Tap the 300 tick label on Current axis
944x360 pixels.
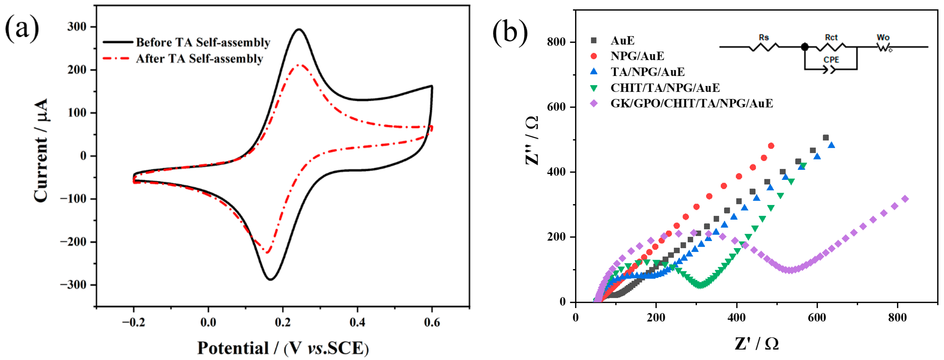click(x=77, y=27)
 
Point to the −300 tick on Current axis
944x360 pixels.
click(x=73, y=285)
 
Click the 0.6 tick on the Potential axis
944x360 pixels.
click(x=432, y=323)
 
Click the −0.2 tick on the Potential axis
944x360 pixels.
click(x=133, y=323)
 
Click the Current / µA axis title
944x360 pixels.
click(x=41, y=150)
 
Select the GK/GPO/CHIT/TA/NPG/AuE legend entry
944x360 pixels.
click(x=691, y=104)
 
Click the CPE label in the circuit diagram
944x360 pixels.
click(x=831, y=60)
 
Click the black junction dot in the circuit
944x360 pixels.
click(x=805, y=47)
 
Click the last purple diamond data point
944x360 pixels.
click(x=905, y=199)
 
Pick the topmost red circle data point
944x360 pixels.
click(x=771, y=146)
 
